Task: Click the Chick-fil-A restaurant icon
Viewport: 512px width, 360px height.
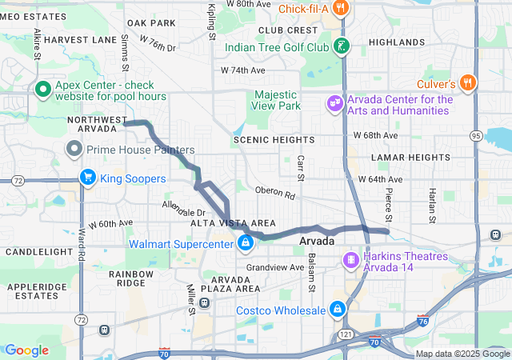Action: (340, 9)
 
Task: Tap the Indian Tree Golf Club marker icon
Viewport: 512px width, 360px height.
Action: (342, 46)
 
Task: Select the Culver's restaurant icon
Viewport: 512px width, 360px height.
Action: (468, 82)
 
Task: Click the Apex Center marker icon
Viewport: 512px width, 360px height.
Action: (42, 89)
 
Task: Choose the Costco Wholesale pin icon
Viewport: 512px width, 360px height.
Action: (338, 310)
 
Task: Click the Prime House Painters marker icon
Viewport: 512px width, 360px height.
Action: (74, 149)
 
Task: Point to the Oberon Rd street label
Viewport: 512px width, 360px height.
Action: (275, 194)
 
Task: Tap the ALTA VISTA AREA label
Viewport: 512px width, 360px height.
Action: (233, 223)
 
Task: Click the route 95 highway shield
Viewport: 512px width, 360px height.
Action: (476, 136)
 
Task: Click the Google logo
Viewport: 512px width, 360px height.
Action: (26, 350)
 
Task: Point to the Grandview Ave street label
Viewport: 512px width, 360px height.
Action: (275, 267)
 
